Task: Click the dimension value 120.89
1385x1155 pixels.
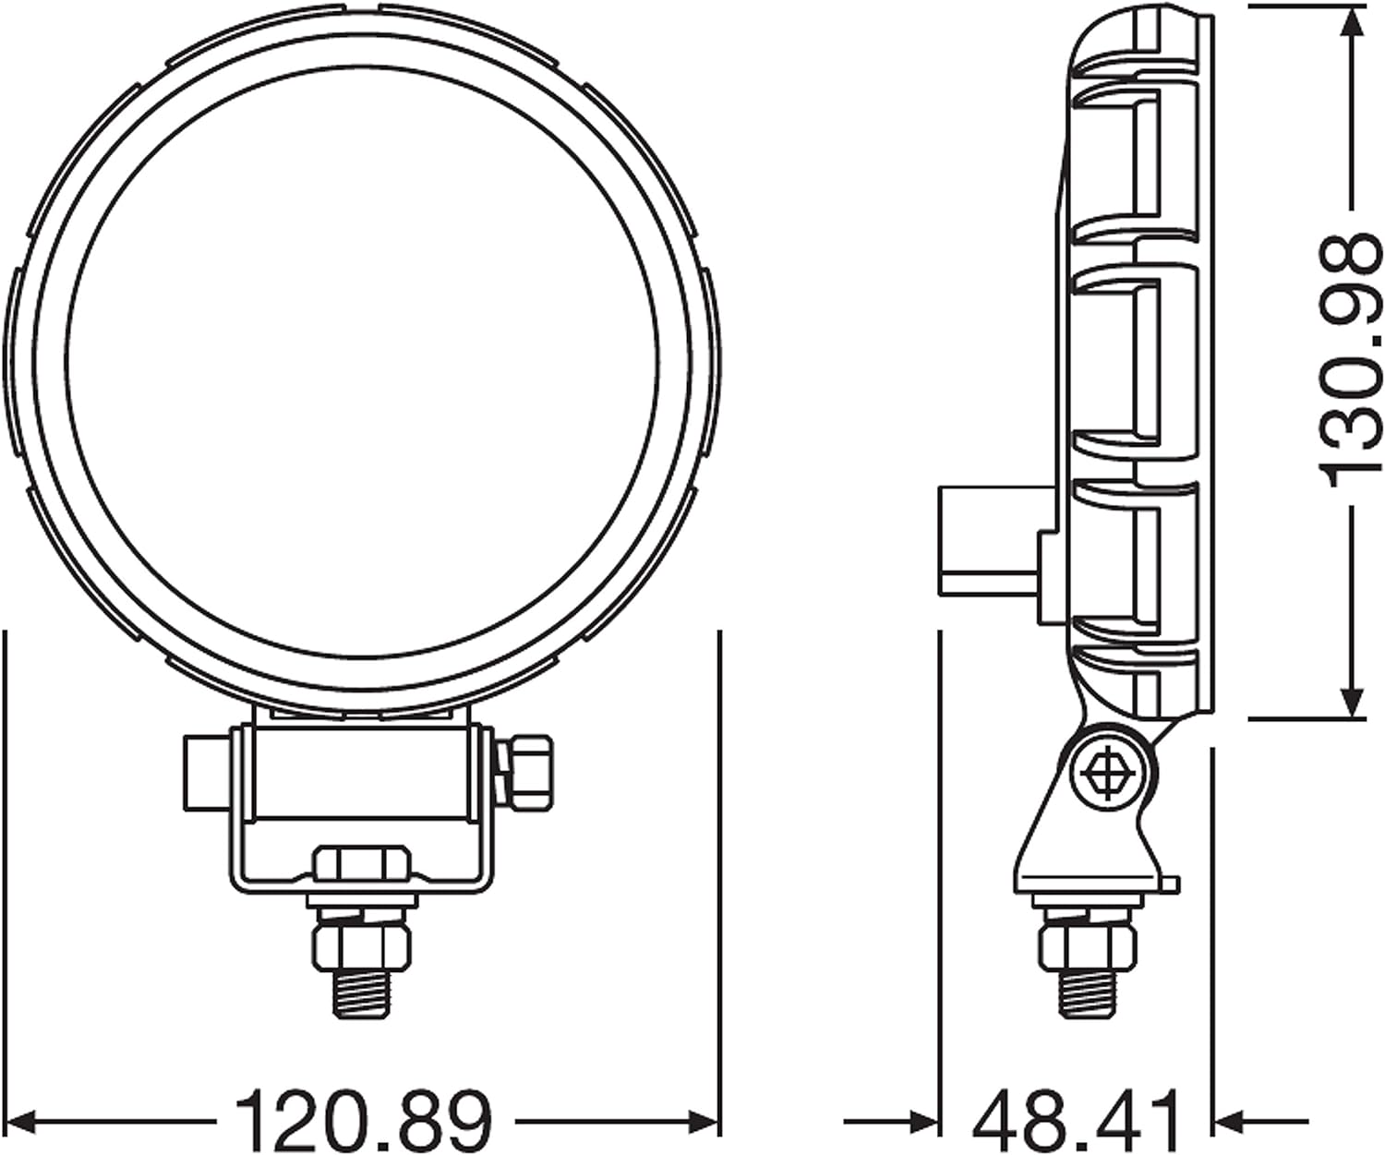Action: (364, 1121)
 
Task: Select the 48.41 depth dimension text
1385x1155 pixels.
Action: (1078, 1121)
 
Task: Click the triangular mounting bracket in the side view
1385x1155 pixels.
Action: (1090, 840)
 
